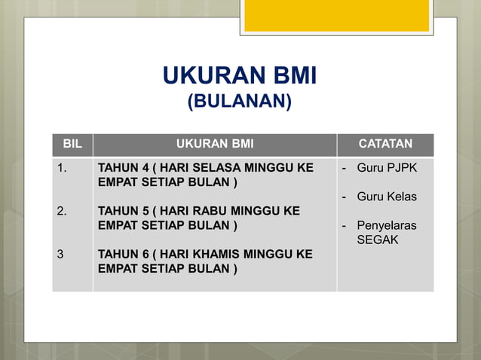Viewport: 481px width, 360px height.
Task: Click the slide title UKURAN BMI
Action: tap(240, 75)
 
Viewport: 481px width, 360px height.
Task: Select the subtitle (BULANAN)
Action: tap(240, 100)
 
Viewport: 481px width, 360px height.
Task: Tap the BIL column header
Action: tap(72, 144)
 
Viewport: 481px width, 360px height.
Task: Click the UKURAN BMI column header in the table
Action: tap(215, 144)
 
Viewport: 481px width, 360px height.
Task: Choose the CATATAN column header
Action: tap(384, 144)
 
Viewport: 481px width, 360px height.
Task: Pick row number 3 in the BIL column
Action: tap(60, 255)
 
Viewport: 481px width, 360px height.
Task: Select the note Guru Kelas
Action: tap(387, 197)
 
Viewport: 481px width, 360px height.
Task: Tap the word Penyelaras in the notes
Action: tap(386, 225)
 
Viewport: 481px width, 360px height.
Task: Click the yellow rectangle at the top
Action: tap(336, 15)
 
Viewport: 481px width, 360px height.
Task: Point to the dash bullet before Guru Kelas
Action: tap(345, 197)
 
